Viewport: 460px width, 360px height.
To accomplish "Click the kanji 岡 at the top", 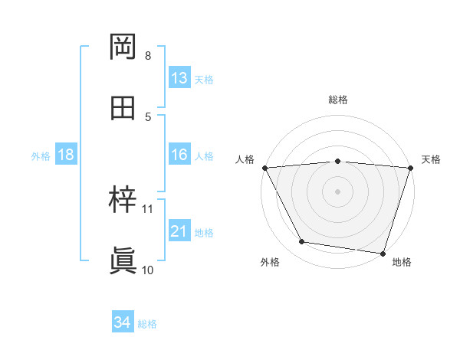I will point(123,48).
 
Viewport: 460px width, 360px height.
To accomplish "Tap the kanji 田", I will point(123,108).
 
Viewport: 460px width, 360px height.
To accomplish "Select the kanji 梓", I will point(123,201).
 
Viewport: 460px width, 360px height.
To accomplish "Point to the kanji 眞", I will point(123,261).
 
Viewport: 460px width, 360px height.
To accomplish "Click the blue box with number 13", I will point(179,78).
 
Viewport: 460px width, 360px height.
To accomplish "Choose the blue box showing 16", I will point(179,155).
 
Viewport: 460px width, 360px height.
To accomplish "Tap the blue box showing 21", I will point(179,231).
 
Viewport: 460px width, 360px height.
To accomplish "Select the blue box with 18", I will point(66,155).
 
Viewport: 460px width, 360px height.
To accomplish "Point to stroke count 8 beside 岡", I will point(148,56).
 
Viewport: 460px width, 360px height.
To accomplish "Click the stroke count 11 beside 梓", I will point(148,208).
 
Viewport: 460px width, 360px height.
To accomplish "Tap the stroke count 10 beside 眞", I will point(148,270).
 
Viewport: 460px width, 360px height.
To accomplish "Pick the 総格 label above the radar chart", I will point(338,100).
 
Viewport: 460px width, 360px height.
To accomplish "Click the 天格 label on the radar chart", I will point(431,159).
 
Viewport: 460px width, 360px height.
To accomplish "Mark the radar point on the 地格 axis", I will point(383,253).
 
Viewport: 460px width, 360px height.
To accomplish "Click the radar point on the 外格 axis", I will point(302,242).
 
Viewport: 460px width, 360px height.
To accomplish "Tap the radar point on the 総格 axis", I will point(338,161).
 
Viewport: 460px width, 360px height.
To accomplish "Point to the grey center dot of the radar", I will point(338,191).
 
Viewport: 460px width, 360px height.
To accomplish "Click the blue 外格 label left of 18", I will point(41,156).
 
